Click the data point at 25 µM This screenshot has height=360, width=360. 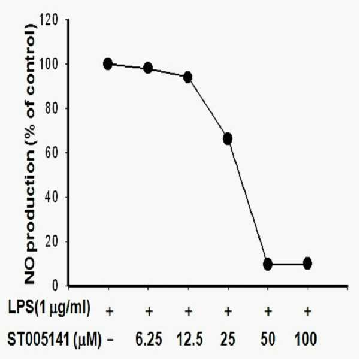[x=228, y=138]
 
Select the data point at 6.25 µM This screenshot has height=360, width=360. [x=148, y=68]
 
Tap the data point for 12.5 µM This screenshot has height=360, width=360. [x=188, y=77]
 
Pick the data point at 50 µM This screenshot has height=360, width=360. [x=268, y=264]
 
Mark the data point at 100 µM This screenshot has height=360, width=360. [x=307, y=264]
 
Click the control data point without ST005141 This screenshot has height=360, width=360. [x=108, y=64]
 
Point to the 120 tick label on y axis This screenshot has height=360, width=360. [x=49, y=20]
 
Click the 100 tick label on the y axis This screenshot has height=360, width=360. [x=49, y=64]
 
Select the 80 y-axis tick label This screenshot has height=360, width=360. [x=52, y=108]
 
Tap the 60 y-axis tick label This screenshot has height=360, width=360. [x=52, y=153]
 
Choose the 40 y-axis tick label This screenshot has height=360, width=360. [x=52, y=197]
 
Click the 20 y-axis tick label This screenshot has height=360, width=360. [x=52, y=241]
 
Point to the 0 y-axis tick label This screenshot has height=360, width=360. [x=55, y=286]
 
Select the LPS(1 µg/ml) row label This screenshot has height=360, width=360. [x=49, y=308]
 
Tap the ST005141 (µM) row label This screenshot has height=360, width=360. [x=55, y=340]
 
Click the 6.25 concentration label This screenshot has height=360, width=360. [x=149, y=339]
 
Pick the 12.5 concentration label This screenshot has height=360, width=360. [x=190, y=339]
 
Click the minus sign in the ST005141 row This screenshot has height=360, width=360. [x=110, y=340]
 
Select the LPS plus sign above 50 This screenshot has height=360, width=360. [x=268, y=312]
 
